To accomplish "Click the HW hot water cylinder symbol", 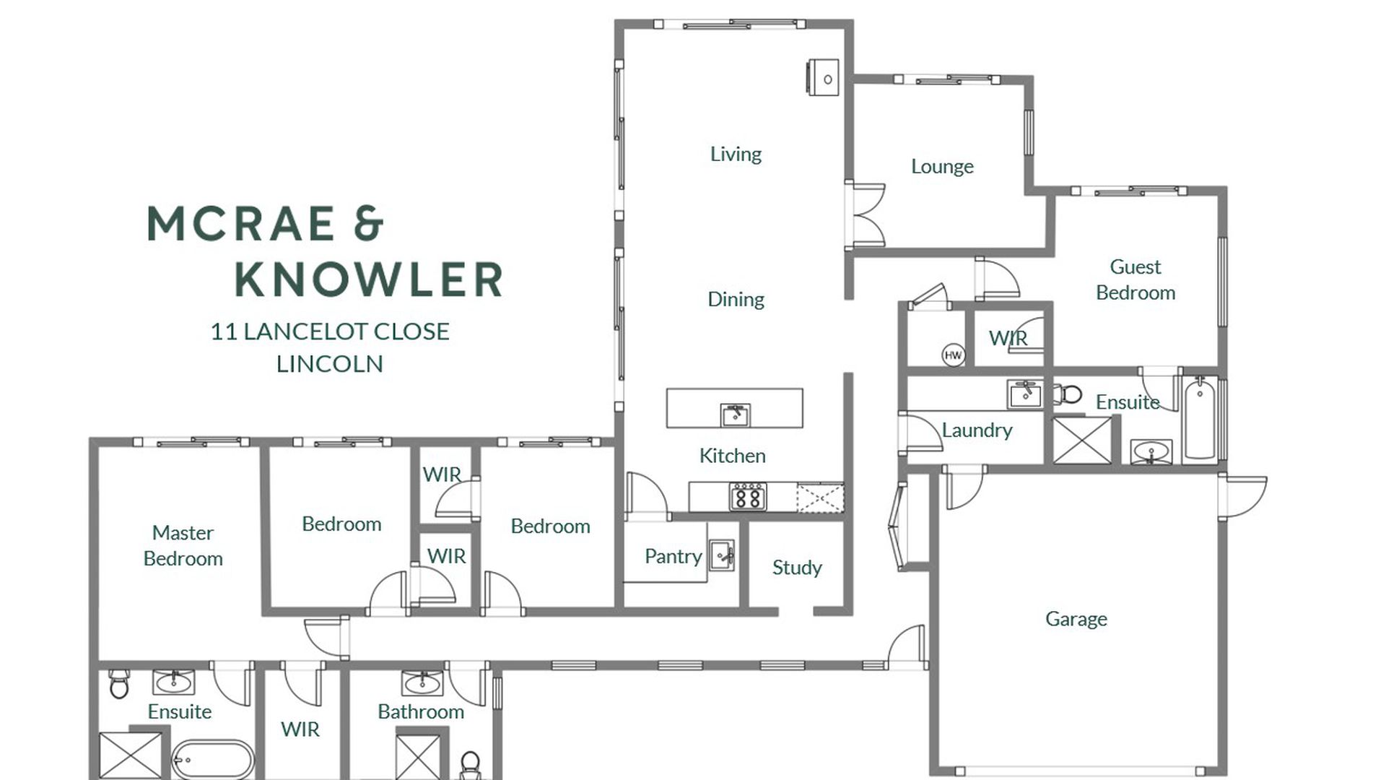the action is pos(953,355).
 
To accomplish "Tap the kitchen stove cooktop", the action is pos(748,497).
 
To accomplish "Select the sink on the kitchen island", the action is pos(735,415).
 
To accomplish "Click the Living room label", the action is pos(736,154).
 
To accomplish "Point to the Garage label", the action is pos(1076,619).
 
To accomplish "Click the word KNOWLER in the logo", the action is pos(369,279).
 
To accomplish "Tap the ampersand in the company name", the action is pos(368,222).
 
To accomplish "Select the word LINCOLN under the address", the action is pos(330,363).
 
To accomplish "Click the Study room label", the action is pos(797,568).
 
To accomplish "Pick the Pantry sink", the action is pos(721,555).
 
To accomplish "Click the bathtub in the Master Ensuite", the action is pos(212,760).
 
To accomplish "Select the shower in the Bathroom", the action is pos(419,757).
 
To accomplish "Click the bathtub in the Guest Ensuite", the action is pos(1200,417).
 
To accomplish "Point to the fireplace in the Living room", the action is pos(823,77).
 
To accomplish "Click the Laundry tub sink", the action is pos(1024,394).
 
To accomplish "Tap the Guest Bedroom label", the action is pos(1136,279).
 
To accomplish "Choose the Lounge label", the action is pos(942,167).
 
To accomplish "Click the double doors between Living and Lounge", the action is pos(866,215).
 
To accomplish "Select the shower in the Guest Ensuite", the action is pos(1082,440).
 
